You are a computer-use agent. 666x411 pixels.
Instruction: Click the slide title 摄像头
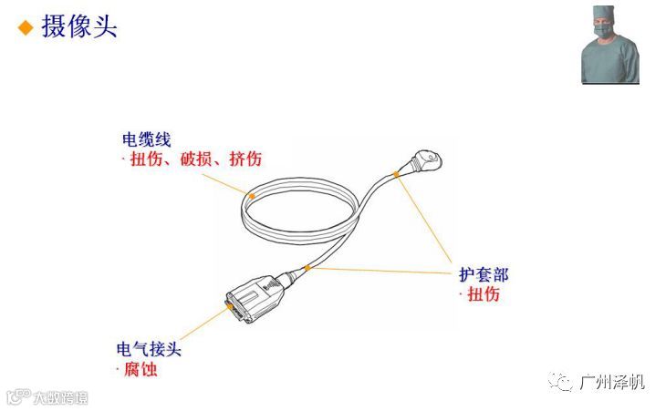[80, 26]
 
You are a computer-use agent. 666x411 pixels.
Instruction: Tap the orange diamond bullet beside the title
[26, 27]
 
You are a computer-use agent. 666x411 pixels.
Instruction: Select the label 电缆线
[146, 140]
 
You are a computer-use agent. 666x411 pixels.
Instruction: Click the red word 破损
[193, 159]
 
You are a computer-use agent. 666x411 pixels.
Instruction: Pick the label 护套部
[484, 274]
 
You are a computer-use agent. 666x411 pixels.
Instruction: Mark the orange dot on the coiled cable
[252, 194]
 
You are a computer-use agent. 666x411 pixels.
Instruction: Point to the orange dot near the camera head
[396, 174]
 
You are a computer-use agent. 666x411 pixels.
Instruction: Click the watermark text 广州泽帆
[612, 382]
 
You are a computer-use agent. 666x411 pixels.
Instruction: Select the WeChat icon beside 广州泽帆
[565, 382]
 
